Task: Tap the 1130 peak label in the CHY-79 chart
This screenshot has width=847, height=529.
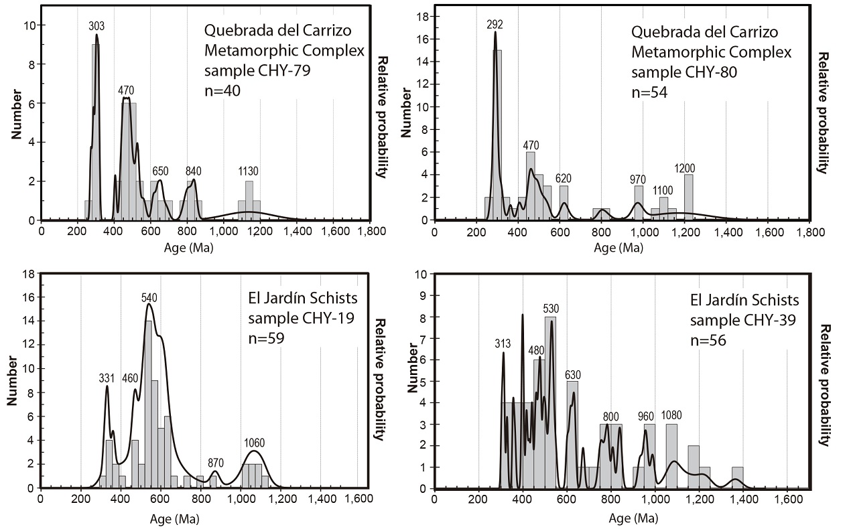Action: (x=248, y=172)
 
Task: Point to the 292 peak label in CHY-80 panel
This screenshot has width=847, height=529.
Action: (x=495, y=25)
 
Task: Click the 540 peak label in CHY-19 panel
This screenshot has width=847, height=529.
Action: (x=149, y=297)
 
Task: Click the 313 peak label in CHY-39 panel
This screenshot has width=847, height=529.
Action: (x=503, y=344)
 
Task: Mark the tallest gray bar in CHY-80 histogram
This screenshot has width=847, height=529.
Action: (x=497, y=134)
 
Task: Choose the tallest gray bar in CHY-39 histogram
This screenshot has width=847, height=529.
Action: (x=550, y=402)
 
